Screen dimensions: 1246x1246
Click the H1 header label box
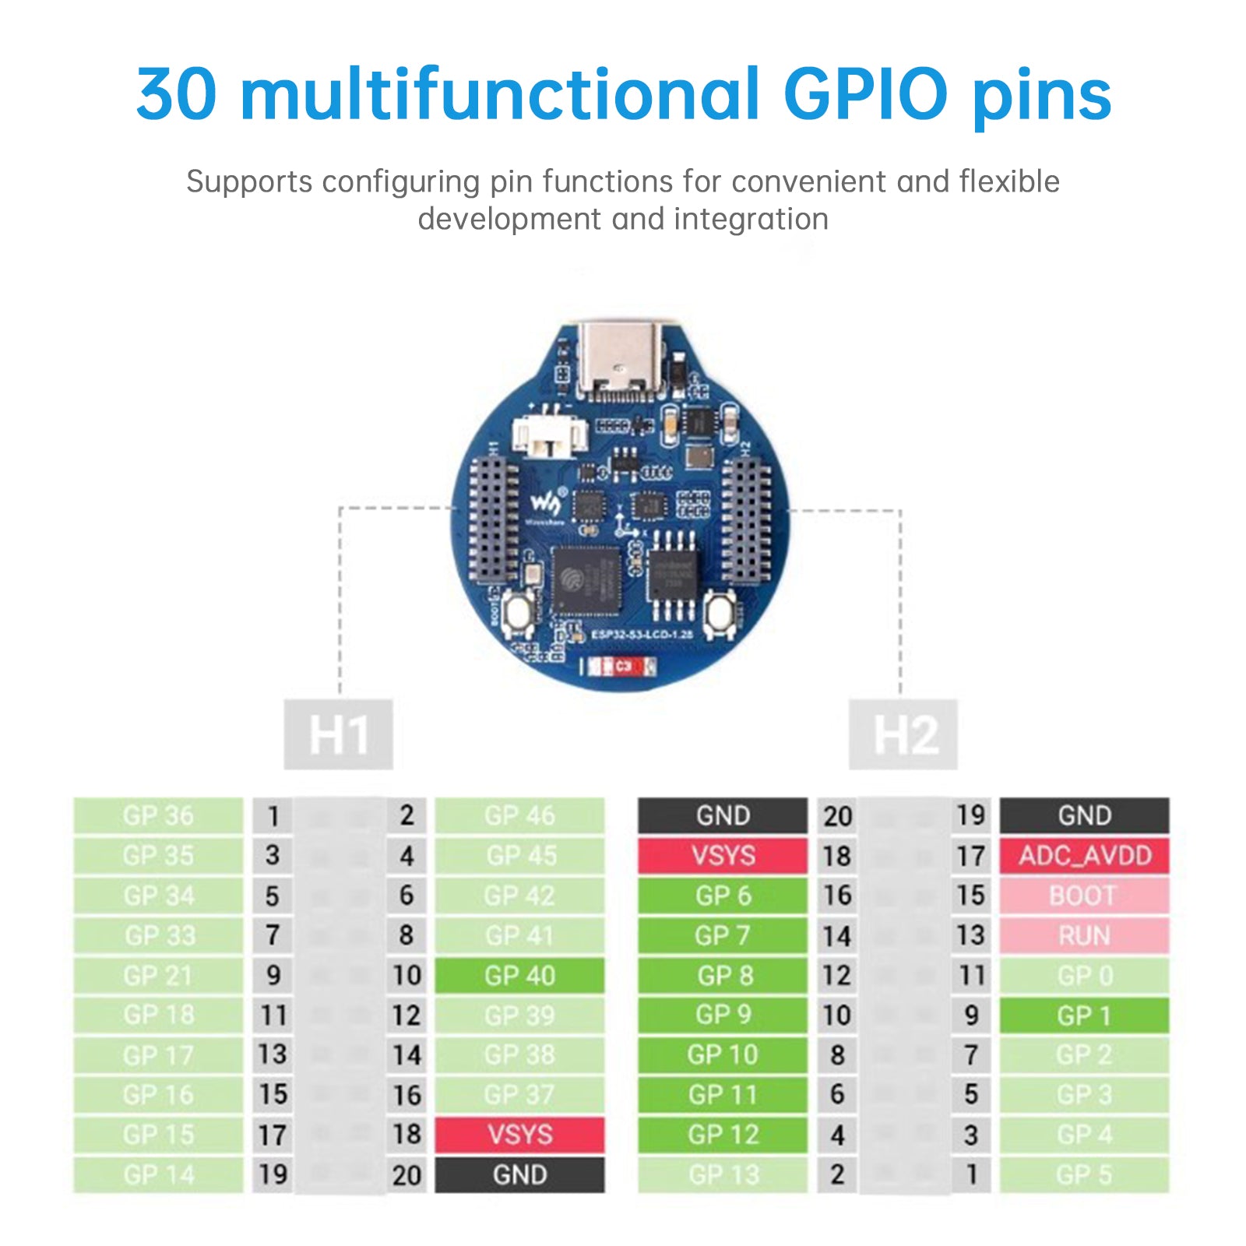point(338,734)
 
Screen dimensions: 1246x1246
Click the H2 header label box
point(903,734)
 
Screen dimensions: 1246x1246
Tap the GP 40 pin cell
point(519,975)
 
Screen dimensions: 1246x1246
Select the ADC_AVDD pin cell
point(1084,855)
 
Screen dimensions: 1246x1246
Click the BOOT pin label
point(1084,896)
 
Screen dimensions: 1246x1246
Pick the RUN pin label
point(1084,935)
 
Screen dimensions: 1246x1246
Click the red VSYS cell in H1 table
point(519,1135)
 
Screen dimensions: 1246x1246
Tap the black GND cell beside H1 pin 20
point(519,1174)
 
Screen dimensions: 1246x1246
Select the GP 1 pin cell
point(1084,1015)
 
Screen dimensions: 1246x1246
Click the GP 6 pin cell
point(723,896)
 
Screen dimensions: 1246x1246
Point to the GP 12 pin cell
point(723,1135)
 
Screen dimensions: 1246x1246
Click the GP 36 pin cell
point(158,815)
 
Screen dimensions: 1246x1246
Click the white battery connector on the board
point(550,436)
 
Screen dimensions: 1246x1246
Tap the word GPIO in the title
point(864,95)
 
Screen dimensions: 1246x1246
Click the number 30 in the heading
point(176,95)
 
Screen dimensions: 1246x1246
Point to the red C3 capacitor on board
point(621,667)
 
